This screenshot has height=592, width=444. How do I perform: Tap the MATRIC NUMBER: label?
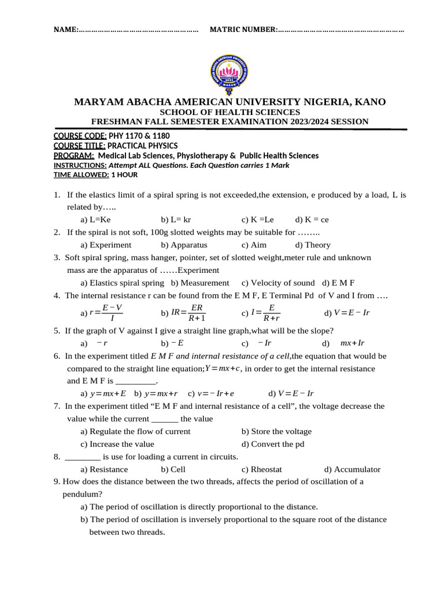[243, 29]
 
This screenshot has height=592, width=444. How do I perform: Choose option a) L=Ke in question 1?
[95, 220]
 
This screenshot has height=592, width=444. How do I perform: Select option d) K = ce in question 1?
[312, 220]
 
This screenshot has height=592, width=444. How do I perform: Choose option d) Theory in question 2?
[313, 245]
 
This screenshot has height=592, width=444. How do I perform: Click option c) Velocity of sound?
[278, 283]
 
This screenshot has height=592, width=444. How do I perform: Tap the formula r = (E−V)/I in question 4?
[106, 312]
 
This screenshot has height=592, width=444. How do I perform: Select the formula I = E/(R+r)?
[265, 312]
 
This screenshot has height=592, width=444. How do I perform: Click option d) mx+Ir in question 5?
[352, 343]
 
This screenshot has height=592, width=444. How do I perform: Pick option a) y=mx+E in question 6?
[104, 393]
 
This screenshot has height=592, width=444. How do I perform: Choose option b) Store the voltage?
[276, 431]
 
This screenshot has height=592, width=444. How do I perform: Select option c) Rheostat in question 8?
[262, 469]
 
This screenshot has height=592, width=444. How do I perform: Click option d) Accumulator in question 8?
[352, 469]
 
